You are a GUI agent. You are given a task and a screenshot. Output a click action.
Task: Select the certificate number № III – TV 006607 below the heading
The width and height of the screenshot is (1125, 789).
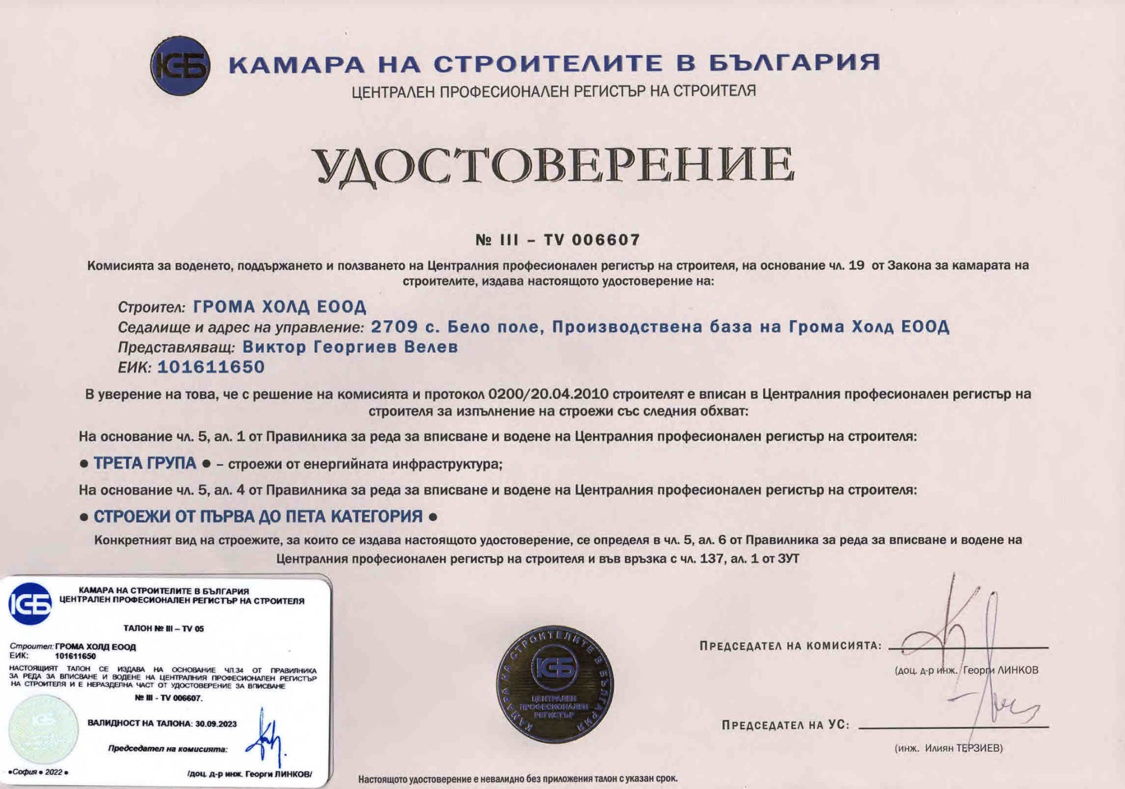pyautogui.click(x=558, y=240)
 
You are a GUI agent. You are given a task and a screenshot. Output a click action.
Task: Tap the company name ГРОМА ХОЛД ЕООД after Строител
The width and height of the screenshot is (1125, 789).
pyautogui.click(x=280, y=307)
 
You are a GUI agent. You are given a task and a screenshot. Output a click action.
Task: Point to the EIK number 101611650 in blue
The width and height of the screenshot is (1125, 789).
pyautogui.click(x=211, y=367)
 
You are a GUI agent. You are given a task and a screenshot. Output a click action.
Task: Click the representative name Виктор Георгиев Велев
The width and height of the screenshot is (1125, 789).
pyautogui.click(x=350, y=347)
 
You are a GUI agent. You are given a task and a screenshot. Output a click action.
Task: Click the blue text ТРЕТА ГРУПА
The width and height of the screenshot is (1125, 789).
pyautogui.click(x=145, y=463)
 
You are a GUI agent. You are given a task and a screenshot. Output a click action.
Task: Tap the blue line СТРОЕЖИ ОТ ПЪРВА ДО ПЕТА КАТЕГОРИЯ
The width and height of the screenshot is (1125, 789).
pyautogui.click(x=258, y=516)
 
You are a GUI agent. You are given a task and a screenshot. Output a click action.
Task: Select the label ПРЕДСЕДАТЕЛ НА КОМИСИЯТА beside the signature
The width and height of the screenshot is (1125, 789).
pyautogui.click(x=790, y=646)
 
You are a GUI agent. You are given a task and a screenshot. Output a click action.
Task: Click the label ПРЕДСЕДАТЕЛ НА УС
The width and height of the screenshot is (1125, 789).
pyautogui.click(x=786, y=725)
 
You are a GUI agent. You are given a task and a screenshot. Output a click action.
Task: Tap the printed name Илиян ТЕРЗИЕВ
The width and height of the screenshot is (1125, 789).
pyautogui.click(x=963, y=748)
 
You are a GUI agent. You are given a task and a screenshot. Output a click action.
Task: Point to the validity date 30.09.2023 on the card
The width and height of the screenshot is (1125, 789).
pyautogui.click(x=215, y=724)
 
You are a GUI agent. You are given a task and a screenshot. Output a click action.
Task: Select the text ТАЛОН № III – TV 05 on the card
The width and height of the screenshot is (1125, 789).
pyautogui.click(x=164, y=629)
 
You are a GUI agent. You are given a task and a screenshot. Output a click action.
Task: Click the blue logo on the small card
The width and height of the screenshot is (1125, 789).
pyautogui.click(x=30, y=604)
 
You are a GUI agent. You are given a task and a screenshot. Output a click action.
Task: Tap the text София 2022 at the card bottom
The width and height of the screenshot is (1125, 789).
pyautogui.click(x=38, y=772)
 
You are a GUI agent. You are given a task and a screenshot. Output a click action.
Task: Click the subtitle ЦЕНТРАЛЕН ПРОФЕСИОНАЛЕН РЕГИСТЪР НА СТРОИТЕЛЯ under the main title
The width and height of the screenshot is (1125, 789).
pyautogui.click(x=554, y=91)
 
